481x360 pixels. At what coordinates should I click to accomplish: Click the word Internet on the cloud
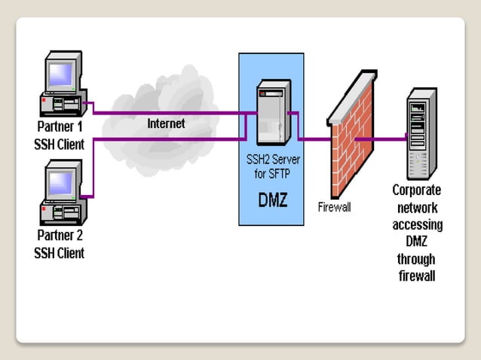pyautogui.click(x=166, y=123)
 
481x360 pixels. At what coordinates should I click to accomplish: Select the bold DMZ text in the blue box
pyautogui.click(x=274, y=200)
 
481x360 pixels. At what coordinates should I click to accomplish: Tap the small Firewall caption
pyautogui.click(x=334, y=206)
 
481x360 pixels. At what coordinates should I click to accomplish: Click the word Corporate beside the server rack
pyautogui.click(x=417, y=190)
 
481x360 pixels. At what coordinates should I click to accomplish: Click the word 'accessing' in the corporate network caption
pyautogui.click(x=417, y=224)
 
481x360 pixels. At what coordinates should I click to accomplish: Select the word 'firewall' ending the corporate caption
pyautogui.click(x=417, y=276)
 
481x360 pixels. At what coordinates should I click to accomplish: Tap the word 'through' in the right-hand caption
pyautogui.click(x=417, y=259)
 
